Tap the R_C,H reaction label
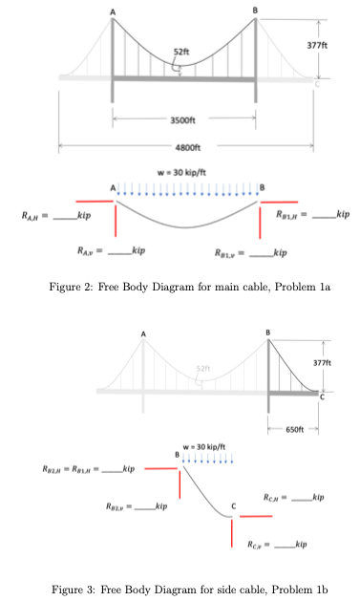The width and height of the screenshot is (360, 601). tap(282, 496)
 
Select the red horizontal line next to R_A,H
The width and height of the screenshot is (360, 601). tap(94, 202)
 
